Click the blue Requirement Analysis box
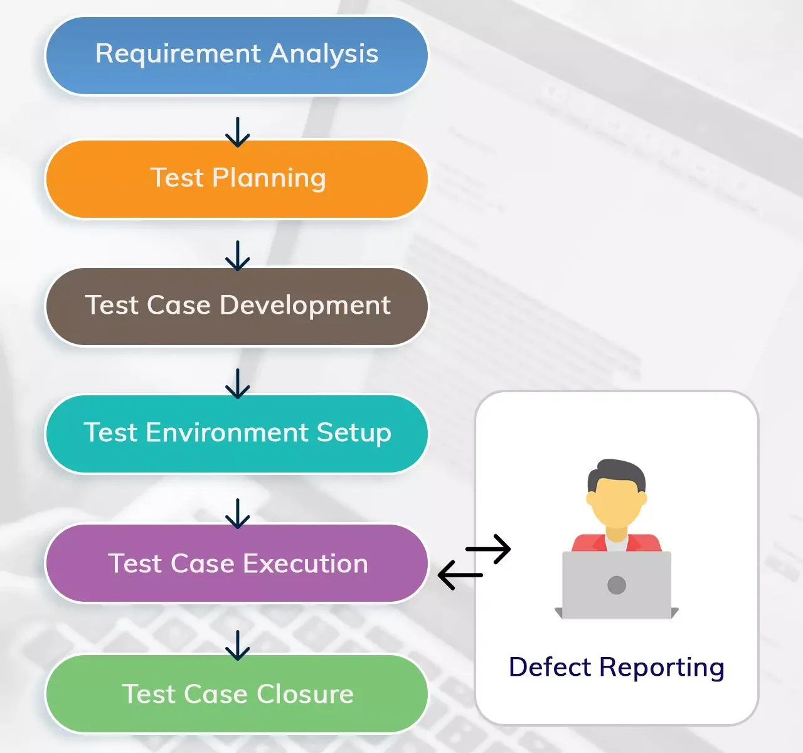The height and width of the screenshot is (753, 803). pyautogui.click(x=237, y=55)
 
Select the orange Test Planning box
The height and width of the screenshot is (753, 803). pyautogui.click(x=237, y=179)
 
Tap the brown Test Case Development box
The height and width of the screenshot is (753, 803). pyautogui.click(x=237, y=306)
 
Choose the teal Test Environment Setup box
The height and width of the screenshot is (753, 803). pyautogui.click(x=237, y=434)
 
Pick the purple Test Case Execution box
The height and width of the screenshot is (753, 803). pyautogui.click(x=237, y=563)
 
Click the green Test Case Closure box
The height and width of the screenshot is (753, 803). pyautogui.click(x=237, y=693)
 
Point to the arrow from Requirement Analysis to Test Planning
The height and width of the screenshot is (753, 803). pyautogui.click(x=237, y=132)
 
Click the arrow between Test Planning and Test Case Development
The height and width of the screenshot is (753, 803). pyautogui.click(x=237, y=256)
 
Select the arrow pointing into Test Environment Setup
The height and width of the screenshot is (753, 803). pyautogui.click(x=237, y=383)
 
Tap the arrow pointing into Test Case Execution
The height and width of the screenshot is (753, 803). pyautogui.click(x=237, y=513)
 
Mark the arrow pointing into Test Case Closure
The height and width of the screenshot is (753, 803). pyautogui.click(x=237, y=645)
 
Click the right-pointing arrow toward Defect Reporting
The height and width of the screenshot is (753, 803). pyautogui.click(x=488, y=549)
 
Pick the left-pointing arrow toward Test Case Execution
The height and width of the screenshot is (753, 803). pyautogui.click(x=460, y=575)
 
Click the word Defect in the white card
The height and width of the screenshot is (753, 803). pyautogui.click(x=550, y=667)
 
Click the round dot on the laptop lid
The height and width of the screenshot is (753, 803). pyautogui.click(x=617, y=585)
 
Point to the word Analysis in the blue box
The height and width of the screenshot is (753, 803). pyautogui.click(x=324, y=55)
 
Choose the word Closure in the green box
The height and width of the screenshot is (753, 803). pyautogui.click(x=305, y=693)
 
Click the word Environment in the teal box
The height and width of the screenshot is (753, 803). pyautogui.click(x=227, y=432)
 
